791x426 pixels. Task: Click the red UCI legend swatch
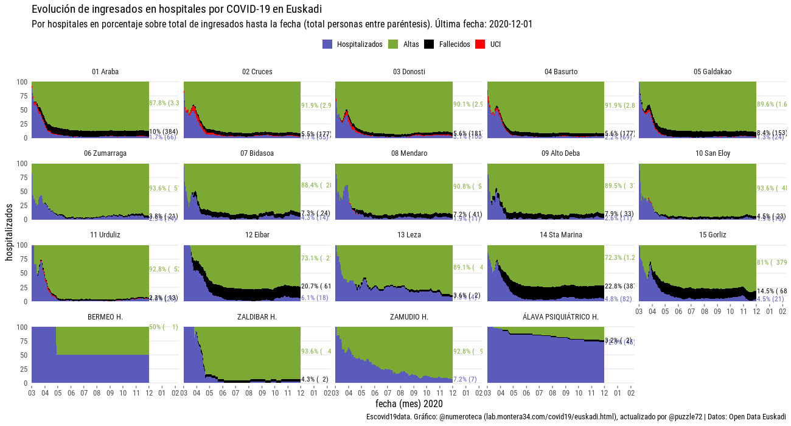point(480,44)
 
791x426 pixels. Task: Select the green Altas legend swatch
point(392,44)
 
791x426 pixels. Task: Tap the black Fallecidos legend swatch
point(429,44)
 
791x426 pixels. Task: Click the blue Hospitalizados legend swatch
point(327,44)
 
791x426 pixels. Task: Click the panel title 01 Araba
point(105,72)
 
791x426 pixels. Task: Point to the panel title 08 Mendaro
point(409,153)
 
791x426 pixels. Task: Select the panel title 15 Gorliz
point(713,235)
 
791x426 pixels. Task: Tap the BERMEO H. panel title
point(105,317)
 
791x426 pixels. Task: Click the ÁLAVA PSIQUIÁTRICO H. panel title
point(560,317)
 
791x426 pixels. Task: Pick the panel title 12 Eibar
point(257,235)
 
